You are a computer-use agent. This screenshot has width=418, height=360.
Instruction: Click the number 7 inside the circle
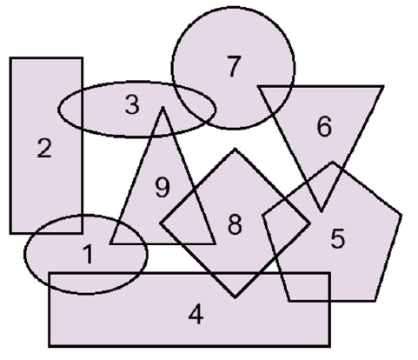point(234,67)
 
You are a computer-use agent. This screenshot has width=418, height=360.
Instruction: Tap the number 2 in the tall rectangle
point(44,148)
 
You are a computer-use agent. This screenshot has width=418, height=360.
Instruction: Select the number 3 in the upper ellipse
point(132,104)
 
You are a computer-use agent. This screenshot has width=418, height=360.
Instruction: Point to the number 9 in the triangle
point(163,187)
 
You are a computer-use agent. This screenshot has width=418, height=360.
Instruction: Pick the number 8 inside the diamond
point(235,224)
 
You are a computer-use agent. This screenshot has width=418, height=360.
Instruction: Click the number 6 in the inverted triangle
point(324,126)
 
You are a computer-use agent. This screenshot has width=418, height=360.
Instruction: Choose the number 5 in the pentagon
point(338,238)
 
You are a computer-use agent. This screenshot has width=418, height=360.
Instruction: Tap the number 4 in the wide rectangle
point(196,314)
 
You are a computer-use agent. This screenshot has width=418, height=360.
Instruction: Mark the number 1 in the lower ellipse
point(88,254)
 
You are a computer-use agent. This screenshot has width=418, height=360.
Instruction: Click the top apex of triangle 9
point(163,108)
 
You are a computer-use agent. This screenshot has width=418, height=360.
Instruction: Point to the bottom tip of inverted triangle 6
point(321,211)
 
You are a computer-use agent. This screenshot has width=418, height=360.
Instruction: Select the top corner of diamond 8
point(235,150)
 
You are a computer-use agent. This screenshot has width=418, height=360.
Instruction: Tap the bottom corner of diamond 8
point(235,297)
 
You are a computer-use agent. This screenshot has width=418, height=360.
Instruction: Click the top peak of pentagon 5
point(333,163)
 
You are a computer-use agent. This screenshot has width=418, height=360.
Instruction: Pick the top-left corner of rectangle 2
point(10,58)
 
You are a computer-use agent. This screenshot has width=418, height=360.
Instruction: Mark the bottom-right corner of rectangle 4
point(329,346)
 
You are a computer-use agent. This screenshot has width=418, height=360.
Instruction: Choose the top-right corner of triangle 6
point(383,86)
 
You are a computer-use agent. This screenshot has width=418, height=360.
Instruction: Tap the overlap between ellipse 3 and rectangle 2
point(71,108)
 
